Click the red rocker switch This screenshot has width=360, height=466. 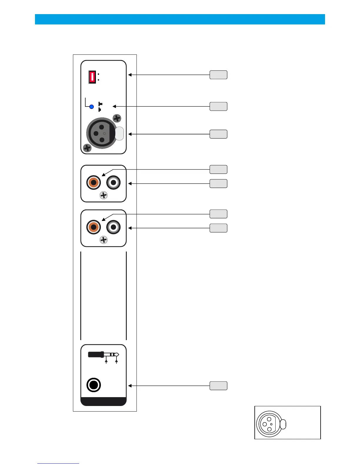click(92, 77)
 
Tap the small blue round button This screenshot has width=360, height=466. click(91, 106)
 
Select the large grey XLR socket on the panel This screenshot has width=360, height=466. click(102, 133)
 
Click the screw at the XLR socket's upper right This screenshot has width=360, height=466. click(117, 119)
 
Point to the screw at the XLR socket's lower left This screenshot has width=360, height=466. click(87, 148)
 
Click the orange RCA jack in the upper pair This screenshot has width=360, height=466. click(94, 183)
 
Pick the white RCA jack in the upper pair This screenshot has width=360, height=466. click(114, 183)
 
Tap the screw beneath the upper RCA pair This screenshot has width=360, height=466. click(104, 195)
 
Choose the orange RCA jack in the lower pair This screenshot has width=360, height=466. click(94, 227)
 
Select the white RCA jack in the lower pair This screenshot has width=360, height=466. click(114, 227)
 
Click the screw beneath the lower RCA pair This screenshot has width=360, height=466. click(104, 240)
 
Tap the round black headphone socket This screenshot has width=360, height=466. click(94, 385)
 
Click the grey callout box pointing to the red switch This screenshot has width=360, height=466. click(218, 75)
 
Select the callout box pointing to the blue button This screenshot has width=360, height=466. click(218, 106)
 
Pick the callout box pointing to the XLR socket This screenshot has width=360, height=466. click(218, 134)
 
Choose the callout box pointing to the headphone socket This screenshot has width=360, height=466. click(218, 386)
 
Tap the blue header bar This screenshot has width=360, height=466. click(180, 19)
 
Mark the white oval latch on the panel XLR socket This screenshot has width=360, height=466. click(119, 133)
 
